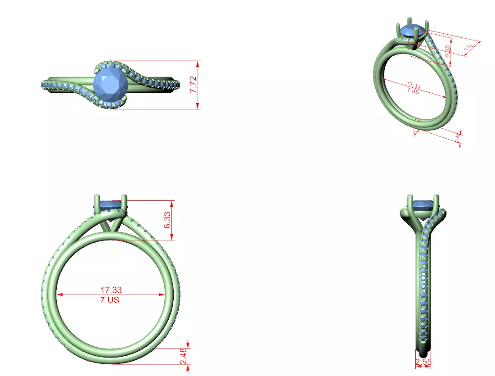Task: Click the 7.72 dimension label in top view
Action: [193, 85]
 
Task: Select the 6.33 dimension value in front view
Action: [168, 220]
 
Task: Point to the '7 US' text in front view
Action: [110, 299]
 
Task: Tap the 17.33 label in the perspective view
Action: [413, 85]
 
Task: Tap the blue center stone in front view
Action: [111, 205]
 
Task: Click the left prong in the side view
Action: [410, 202]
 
